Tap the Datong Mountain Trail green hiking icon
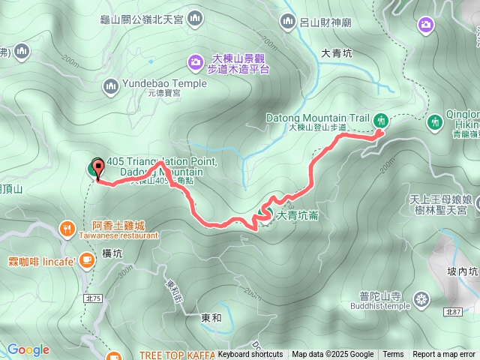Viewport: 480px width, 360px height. click(x=381, y=120)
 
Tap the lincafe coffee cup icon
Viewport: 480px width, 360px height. click(x=87, y=260)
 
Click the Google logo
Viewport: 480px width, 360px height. click(x=28, y=349)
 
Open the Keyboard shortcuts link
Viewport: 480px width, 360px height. click(x=250, y=355)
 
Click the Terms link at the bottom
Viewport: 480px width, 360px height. click(x=393, y=355)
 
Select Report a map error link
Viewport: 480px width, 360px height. click(x=445, y=355)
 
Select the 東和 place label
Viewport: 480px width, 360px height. click(x=211, y=317)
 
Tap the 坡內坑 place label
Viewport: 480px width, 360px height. click(x=462, y=271)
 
